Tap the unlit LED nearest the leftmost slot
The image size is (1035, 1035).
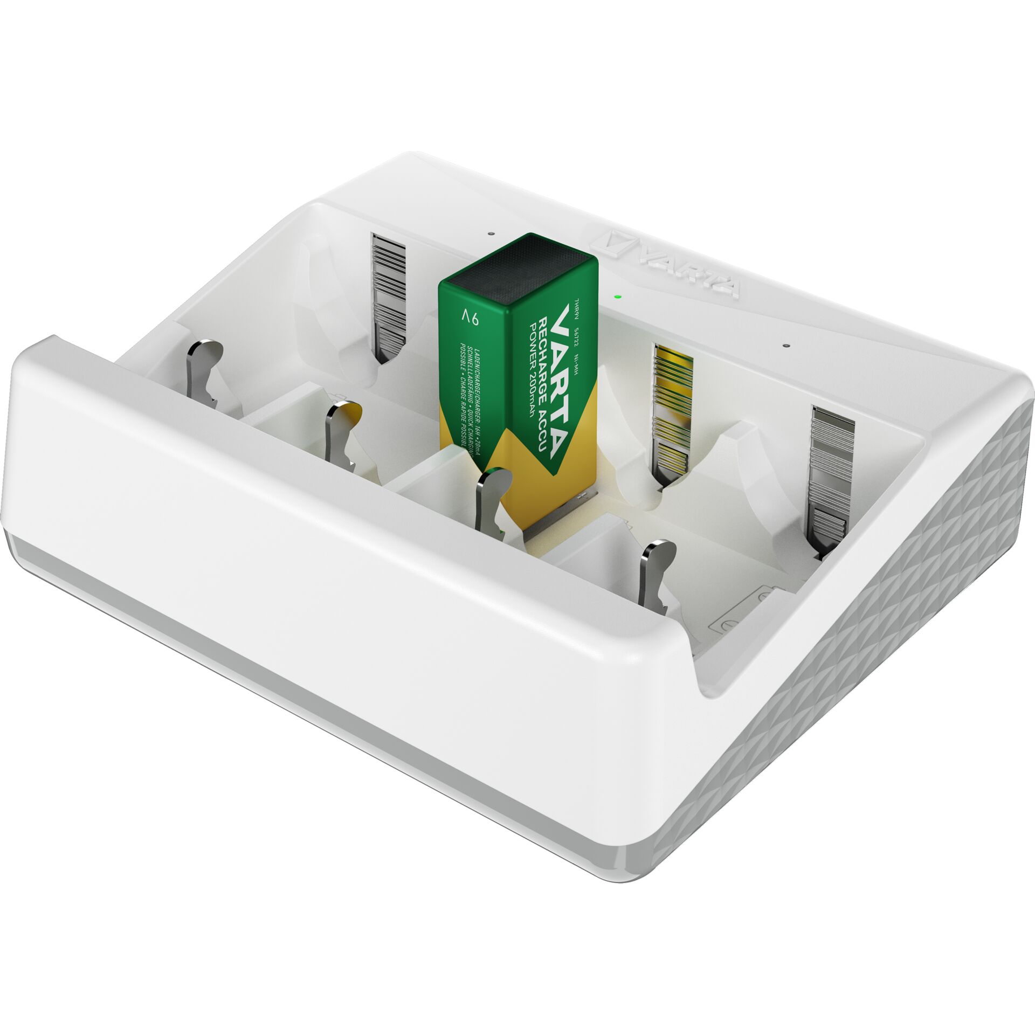click(490, 234)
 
